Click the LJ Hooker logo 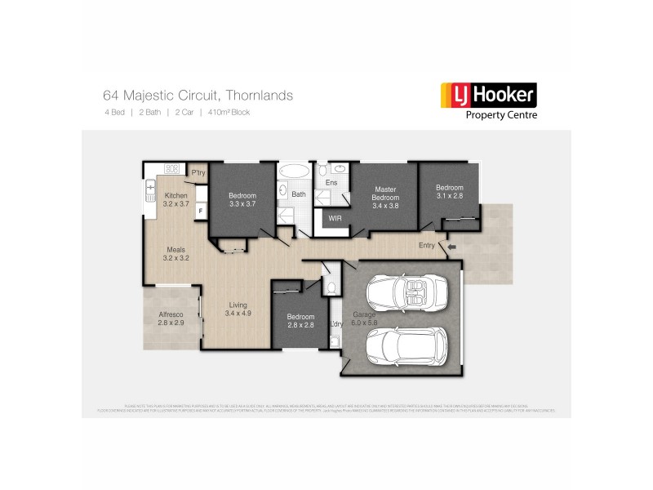point(488,96)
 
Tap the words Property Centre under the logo point(500,115)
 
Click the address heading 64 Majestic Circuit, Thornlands point(198,96)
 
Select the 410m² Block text point(229,112)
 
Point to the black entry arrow point(451,245)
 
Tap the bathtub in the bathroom point(293,173)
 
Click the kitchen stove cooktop point(172,169)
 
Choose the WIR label point(335,218)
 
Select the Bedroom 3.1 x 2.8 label point(449,191)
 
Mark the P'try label point(198,173)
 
